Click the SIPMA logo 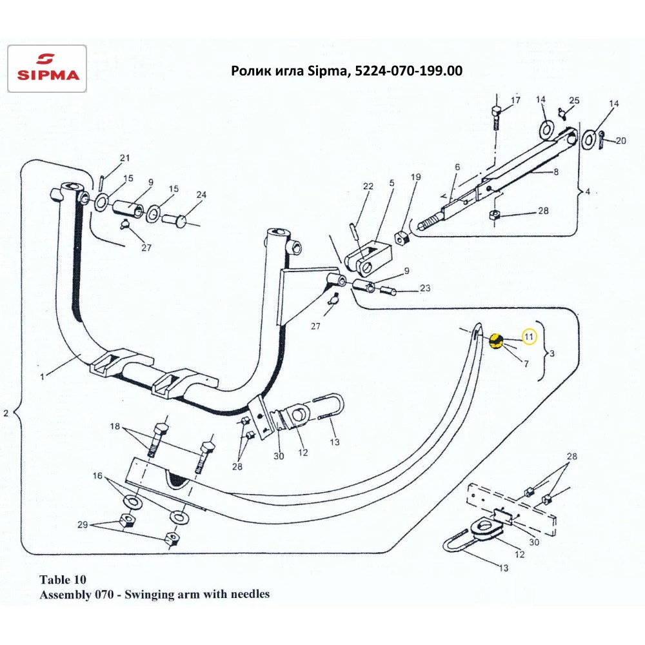click(x=46, y=68)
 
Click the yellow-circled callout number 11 click(x=529, y=335)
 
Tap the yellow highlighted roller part click(x=496, y=341)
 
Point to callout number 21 click(x=124, y=158)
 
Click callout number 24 click(x=201, y=195)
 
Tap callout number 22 click(x=368, y=186)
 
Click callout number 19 click(x=415, y=177)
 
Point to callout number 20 click(x=620, y=141)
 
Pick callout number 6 click(x=457, y=167)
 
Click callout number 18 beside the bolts click(x=115, y=426)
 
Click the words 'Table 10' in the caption click(x=63, y=579)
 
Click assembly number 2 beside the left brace click(x=6, y=413)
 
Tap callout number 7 click(x=526, y=364)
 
